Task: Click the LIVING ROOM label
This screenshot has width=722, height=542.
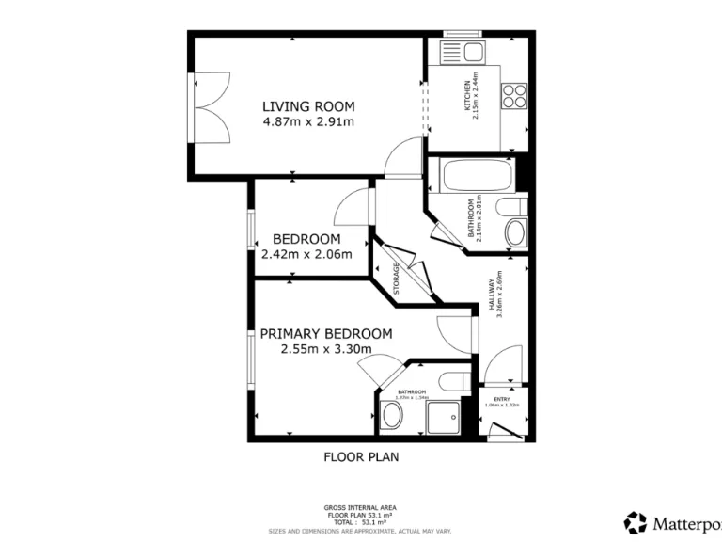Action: (308, 106)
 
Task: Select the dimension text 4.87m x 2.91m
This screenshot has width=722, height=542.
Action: (308, 121)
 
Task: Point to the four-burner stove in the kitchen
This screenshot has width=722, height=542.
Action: (515, 95)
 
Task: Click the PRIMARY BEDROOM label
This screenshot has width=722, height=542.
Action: (326, 333)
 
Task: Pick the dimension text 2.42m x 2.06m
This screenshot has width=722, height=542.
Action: (306, 253)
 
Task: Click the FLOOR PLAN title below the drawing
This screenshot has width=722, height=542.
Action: (362, 458)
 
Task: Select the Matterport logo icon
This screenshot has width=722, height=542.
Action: (636, 522)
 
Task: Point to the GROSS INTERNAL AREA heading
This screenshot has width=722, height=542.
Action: (361, 507)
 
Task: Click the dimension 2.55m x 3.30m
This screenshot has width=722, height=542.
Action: (326, 349)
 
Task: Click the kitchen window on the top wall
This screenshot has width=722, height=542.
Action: (463, 35)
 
